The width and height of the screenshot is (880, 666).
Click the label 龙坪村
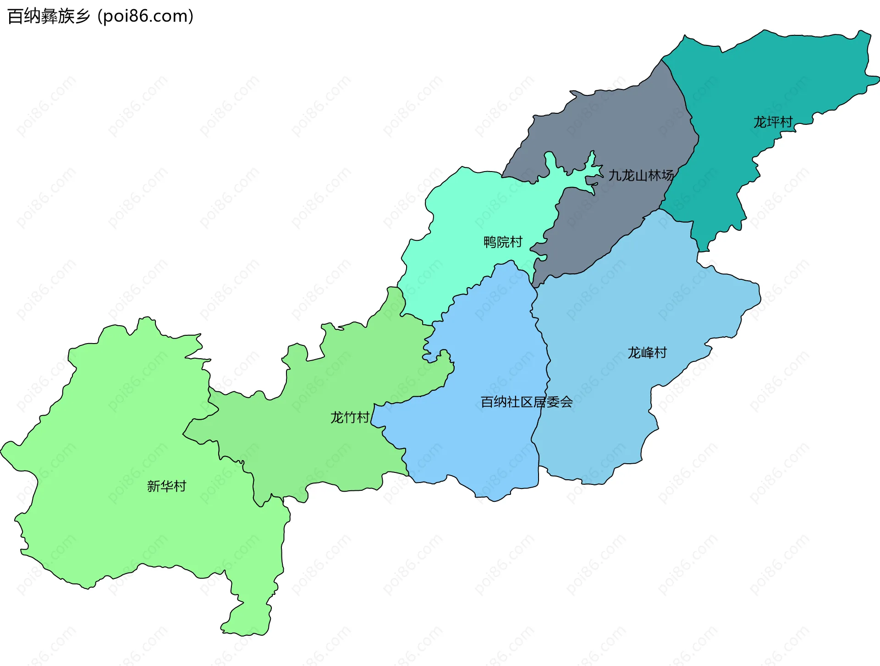click(773, 122)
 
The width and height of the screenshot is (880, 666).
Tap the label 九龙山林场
click(641, 175)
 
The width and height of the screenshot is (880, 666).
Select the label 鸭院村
click(503, 242)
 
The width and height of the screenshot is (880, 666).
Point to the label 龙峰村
click(647, 352)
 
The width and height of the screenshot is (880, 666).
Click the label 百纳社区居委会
click(526, 402)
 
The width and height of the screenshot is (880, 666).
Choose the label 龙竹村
click(350, 417)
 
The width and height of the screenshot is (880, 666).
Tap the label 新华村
click(166, 486)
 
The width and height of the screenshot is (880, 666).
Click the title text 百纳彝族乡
click(49, 16)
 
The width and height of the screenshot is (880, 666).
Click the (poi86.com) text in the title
click(146, 16)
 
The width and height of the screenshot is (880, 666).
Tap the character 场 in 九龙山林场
click(667, 175)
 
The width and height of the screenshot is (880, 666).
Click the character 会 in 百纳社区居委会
click(566, 402)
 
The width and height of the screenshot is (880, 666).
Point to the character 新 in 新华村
click(153, 486)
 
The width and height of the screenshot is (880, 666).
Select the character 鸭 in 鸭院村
click(489, 242)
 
